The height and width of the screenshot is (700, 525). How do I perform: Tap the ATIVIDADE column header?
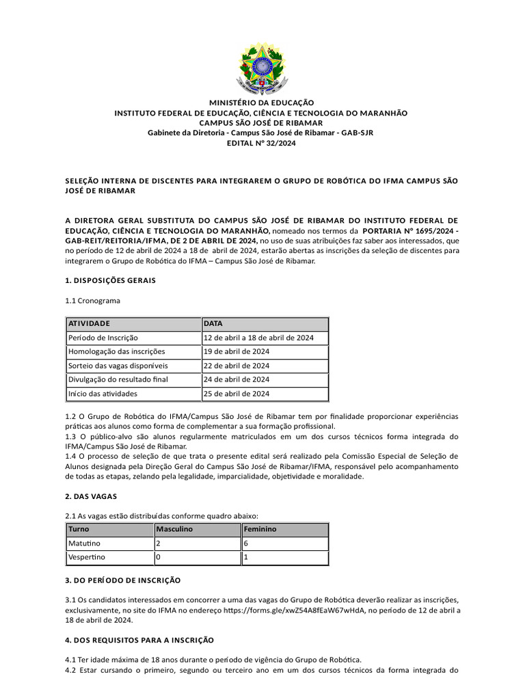88,323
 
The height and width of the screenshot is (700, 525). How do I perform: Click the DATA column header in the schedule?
213,323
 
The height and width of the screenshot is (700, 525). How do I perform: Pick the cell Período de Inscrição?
103,338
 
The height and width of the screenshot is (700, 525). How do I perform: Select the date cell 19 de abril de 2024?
237,351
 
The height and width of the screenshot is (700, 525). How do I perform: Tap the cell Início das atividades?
102,394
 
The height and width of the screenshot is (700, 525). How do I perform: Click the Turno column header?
79,529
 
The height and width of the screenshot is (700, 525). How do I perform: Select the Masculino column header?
175,529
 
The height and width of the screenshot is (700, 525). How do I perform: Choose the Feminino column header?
260,529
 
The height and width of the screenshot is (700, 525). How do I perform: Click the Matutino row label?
84,543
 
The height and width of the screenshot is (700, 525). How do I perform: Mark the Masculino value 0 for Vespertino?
159,557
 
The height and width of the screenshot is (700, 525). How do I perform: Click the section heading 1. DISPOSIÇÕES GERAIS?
110,280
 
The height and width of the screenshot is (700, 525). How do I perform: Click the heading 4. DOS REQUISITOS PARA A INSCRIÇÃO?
139,640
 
